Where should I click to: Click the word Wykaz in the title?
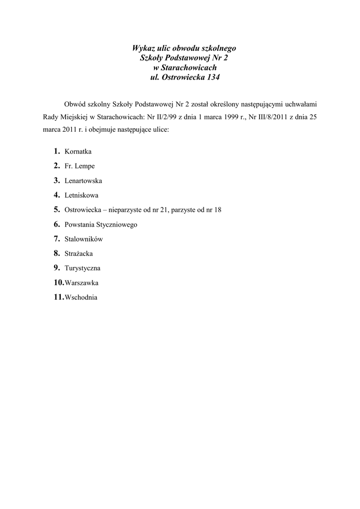point(142,48)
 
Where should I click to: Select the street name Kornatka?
point(78,152)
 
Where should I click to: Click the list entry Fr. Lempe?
point(80,166)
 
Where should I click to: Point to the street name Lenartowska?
point(84,181)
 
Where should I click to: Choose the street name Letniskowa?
point(82,195)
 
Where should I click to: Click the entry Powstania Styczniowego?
point(101,225)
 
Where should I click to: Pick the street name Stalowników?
point(84,239)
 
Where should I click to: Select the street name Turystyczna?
point(83,268)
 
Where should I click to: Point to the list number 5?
point(57,210)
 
